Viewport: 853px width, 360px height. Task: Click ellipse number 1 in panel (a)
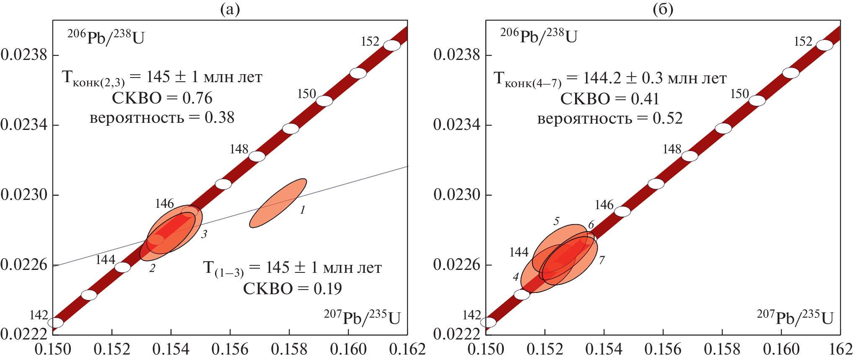278,203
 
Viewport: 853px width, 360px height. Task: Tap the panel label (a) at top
230,9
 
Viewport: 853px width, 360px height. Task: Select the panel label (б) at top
663,9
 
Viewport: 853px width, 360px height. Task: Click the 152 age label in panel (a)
370,41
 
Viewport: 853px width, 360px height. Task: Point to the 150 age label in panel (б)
739,94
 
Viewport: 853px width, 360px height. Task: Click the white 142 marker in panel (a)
55,323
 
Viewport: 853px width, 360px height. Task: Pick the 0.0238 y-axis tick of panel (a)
24,55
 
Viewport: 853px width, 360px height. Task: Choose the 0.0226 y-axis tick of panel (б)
457,265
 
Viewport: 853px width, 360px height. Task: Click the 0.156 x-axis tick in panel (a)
230,349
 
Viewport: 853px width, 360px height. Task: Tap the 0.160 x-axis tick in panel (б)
781,349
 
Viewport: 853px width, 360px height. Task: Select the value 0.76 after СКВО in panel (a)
197,98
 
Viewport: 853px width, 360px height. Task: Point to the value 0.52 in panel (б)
667,119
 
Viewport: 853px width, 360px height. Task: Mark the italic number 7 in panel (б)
602,260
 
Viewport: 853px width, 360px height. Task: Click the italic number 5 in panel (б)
556,221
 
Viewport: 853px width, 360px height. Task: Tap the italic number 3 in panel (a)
204,234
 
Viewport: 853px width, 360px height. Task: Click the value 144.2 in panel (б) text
602,78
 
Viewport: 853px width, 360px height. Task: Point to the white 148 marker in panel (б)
690,156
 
